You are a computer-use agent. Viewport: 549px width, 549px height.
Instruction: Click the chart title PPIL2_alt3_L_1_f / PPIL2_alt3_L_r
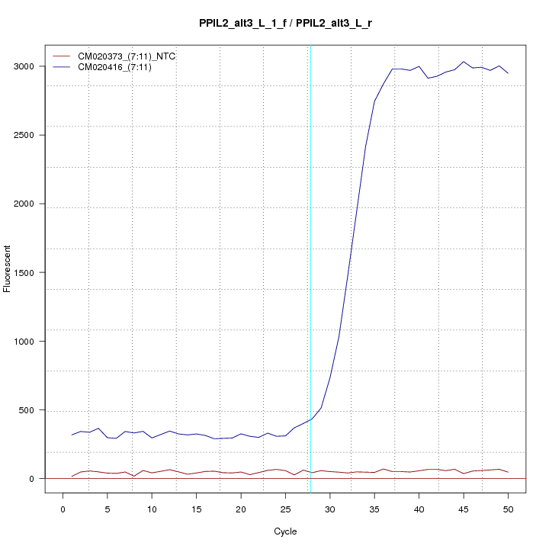(284, 24)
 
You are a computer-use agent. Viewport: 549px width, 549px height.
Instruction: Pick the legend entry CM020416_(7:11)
(120, 68)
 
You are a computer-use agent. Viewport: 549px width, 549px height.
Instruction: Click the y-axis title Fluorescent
(8, 268)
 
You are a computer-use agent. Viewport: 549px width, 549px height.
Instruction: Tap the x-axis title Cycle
(284, 531)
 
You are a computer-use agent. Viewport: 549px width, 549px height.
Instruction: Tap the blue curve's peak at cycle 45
(464, 62)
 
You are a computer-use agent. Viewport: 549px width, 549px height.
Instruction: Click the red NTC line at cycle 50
(508, 473)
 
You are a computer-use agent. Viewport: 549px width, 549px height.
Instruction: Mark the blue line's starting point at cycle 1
(72, 435)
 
